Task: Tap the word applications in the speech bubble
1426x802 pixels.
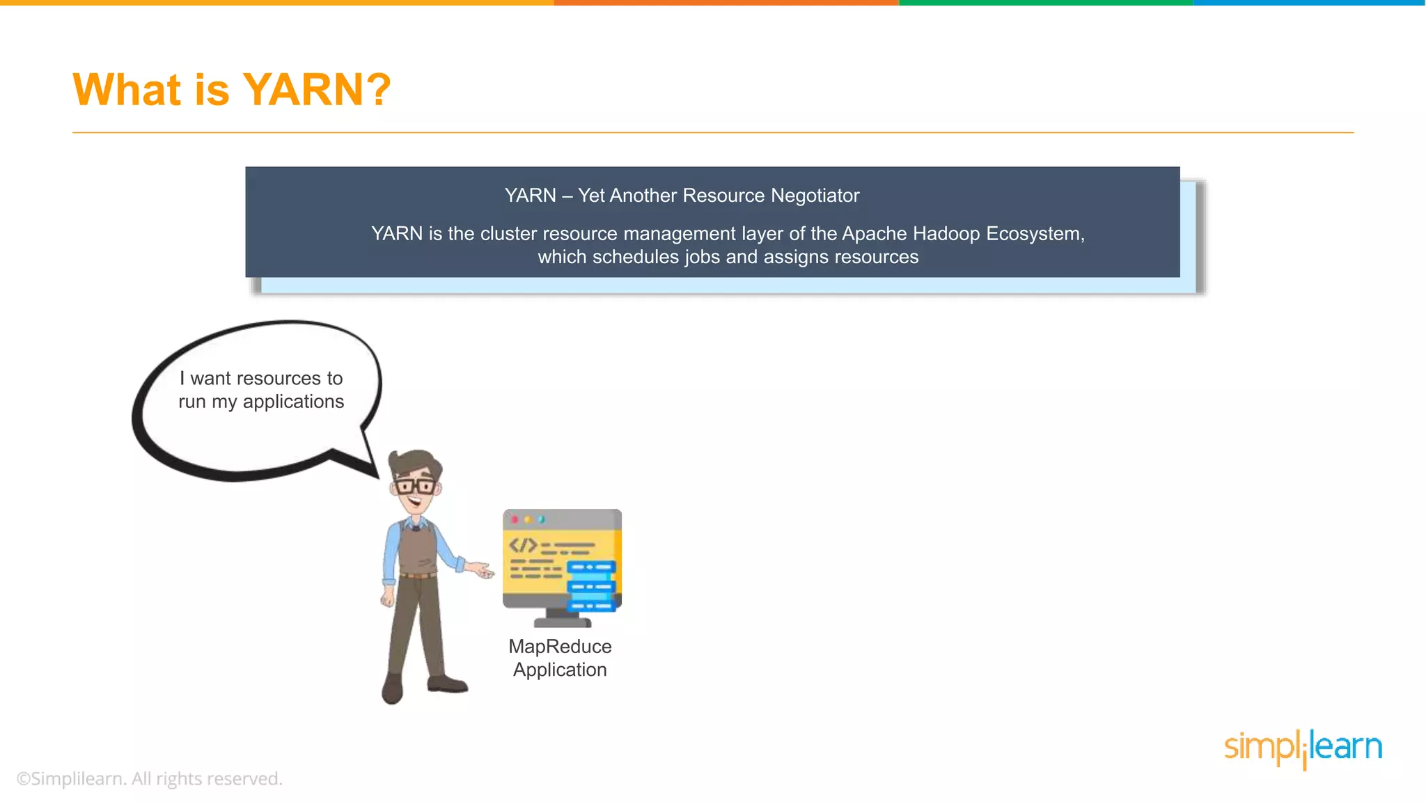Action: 293,402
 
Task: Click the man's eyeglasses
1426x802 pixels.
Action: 415,485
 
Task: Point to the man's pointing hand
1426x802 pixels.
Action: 481,570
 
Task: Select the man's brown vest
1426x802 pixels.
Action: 417,549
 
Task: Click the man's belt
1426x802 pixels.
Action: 418,575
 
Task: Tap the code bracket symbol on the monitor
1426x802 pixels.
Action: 523,545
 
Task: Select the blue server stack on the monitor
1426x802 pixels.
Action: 592,586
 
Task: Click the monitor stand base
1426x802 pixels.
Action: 563,622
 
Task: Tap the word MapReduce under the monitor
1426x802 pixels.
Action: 560,647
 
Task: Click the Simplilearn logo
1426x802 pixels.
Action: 1303,748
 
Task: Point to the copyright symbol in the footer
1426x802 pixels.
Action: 23,779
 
